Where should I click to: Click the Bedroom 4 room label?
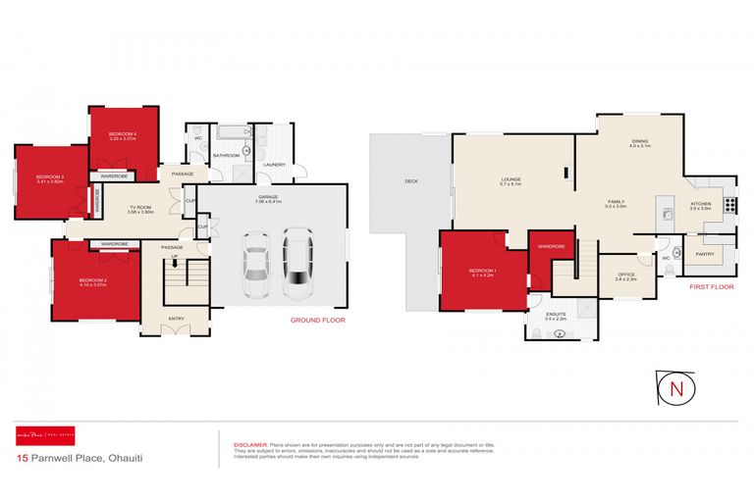(122, 133)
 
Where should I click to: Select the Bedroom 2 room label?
(92, 280)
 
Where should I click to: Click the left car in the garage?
(255, 266)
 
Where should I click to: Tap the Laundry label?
(274, 165)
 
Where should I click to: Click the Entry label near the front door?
(176, 318)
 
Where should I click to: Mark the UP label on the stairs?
(175, 257)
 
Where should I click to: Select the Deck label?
(411, 181)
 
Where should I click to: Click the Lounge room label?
(511, 178)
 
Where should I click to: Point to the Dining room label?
(639, 141)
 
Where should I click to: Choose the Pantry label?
(704, 253)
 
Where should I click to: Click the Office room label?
(626, 275)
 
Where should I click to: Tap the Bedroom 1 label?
(482, 271)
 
